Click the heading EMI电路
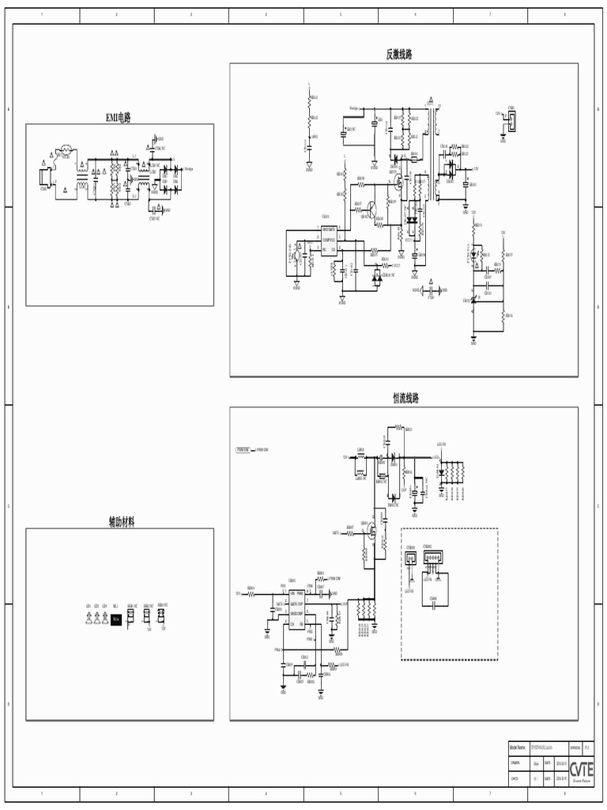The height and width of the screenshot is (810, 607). [119, 117]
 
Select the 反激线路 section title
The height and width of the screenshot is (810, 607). [398, 55]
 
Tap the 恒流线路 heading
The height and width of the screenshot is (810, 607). [405, 398]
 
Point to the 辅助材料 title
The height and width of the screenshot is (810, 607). [121, 522]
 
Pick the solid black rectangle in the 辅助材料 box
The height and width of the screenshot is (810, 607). [116, 620]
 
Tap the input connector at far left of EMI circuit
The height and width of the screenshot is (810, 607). [46, 179]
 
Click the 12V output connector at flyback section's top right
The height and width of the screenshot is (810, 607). [512, 120]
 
